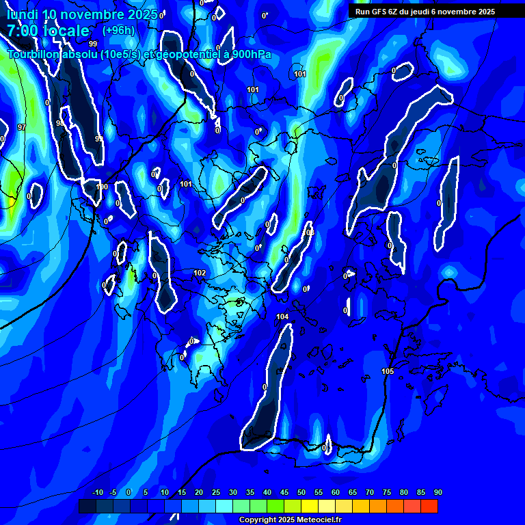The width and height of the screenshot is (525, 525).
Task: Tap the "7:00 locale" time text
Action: [x=48, y=31]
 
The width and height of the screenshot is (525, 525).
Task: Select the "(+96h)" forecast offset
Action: [x=119, y=31]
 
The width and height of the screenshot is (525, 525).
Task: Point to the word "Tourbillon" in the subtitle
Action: [x=34, y=54]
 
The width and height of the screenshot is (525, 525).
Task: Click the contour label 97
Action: [x=22, y=127]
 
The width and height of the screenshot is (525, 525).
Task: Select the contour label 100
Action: [x=103, y=187]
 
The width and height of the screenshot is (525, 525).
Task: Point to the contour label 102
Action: [x=200, y=273]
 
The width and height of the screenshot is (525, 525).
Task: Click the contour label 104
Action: [x=282, y=317]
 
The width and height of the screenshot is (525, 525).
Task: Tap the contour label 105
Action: [x=388, y=371]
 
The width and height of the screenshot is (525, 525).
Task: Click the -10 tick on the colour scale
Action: [x=97, y=493]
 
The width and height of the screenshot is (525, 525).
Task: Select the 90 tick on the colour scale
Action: [x=437, y=493]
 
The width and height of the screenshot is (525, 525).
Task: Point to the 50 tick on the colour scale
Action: [x=301, y=493]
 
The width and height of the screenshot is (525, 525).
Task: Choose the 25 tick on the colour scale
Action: [x=215, y=493]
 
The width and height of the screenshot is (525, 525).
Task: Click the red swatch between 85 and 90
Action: [x=429, y=506]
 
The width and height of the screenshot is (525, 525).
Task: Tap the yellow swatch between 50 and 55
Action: [x=309, y=506]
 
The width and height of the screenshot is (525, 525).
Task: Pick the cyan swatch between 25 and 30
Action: [x=224, y=506]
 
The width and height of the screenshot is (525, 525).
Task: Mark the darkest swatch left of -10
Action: [x=87, y=506]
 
